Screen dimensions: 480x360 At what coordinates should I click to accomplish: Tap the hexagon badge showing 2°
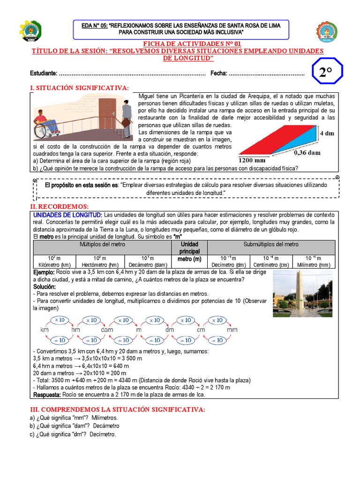click(325, 73)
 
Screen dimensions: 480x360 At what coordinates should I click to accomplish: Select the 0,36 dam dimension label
click(307, 152)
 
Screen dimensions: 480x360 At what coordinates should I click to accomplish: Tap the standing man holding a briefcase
click(126, 115)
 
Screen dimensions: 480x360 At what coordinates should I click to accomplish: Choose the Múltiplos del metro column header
click(102, 245)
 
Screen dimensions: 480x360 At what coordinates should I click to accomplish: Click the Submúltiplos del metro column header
click(271, 245)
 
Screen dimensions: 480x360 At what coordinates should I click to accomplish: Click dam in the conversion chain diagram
click(107, 330)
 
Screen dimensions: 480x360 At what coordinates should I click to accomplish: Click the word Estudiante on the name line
click(44, 74)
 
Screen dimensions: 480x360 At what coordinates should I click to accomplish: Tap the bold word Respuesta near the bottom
click(47, 394)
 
